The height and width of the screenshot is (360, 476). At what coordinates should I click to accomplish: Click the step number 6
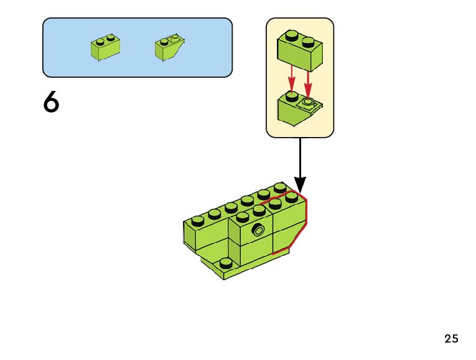(x=51, y=103)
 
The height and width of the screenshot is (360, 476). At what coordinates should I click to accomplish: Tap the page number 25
(x=451, y=339)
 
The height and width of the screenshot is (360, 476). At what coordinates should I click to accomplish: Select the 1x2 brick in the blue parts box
(x=105, y=47)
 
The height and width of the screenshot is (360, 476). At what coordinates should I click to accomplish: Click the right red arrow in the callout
(x=308, y=80)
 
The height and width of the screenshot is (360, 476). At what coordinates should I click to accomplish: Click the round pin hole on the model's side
(x=258, y=230)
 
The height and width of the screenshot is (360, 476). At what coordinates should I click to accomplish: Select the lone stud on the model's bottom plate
(x=226, y=262)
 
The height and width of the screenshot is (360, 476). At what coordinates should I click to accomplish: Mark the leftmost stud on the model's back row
(x=198, y=220)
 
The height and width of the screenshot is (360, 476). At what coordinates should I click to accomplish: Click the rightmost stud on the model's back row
(x=279, y=187)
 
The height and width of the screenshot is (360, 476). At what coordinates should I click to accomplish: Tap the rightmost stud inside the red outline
(x=291, y=197)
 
